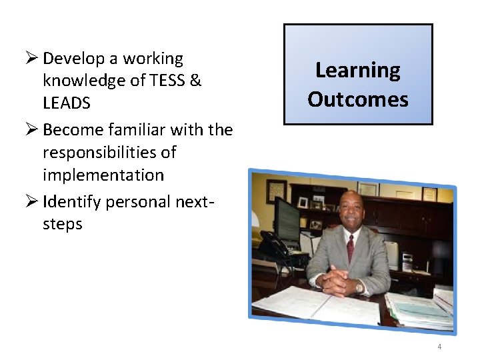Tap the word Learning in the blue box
click(x=357, y=70)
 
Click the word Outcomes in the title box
click(x=357, y=99)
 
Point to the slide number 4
click(x=439, y=347)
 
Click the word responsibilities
click(x=109, y=153)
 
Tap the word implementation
click(x=103, y=175)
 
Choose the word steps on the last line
click(x=62, y=224)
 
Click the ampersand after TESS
click(x=195, y=81)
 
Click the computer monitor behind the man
click(x=287, y=220)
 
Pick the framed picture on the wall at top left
click(x=276, y=191)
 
